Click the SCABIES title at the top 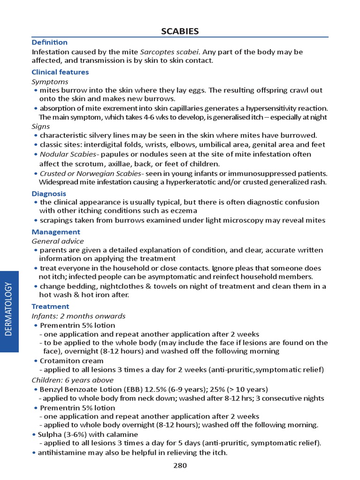tap(180, 31)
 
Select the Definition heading tap(49, 42)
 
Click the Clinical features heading tap(60, 72)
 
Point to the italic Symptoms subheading tap(50, 82)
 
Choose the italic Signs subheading tap(40, 127)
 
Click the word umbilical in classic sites tap(220, 145)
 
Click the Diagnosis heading tap(49, 194)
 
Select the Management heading tap(56, 232)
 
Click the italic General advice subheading tap(58, 241)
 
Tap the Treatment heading tap(50, 307)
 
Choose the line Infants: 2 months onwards tap(78, 316)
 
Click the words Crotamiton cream tap(72, 361)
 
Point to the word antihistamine tap(60, 452)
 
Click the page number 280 tap(180, 465)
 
